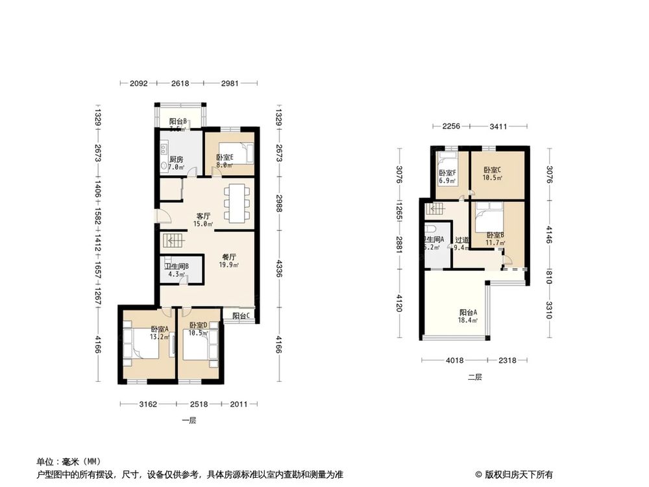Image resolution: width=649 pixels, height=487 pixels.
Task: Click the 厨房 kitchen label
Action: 176,159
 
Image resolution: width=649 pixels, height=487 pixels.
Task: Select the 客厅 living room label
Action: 204,216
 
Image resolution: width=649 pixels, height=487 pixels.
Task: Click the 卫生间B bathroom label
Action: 176,266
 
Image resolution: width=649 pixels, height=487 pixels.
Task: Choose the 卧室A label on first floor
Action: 160,329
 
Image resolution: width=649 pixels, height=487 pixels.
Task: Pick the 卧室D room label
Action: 198,325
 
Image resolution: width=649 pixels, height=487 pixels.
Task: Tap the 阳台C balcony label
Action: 242,316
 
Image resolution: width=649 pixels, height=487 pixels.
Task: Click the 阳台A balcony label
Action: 468,312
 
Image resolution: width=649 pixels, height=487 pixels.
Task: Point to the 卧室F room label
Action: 447,173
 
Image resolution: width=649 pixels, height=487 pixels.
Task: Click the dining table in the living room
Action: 235,203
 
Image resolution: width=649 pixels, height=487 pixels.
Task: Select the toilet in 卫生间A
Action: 430,232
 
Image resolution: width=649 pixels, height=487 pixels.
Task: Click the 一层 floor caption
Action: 189,420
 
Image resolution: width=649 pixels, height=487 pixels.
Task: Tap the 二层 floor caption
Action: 475,377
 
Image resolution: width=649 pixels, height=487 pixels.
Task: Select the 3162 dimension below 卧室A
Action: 149,405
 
